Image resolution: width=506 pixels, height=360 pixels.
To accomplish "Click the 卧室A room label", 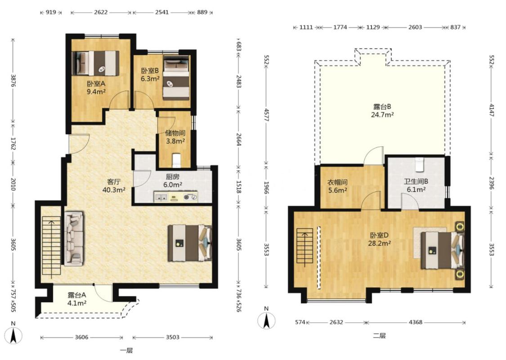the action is coord(96,84).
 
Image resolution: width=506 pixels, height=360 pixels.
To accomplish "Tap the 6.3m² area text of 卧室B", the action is coord(150,78).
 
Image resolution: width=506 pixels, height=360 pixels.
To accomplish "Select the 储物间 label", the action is coord(175,133).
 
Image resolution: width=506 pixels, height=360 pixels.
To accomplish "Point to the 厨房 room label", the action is coord(173,176).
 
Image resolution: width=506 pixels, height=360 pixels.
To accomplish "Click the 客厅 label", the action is coord(114,182).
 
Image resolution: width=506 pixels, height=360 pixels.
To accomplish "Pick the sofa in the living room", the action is coord(74,238).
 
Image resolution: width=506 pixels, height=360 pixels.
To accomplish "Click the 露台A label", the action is coord(77,295).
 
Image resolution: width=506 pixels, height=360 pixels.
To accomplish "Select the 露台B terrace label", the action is coord(382,107).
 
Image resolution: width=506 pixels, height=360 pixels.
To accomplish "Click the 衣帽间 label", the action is coord(337,182).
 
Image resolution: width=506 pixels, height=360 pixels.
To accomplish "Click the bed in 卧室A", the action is coord(95,63).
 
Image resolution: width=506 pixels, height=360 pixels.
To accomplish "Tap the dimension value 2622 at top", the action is coord(101,12).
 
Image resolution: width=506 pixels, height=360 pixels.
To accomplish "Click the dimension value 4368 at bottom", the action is coord(415,322).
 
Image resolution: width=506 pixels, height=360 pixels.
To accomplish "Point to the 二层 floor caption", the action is coord(379,335).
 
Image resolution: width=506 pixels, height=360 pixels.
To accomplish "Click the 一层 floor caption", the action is coord(126,351).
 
